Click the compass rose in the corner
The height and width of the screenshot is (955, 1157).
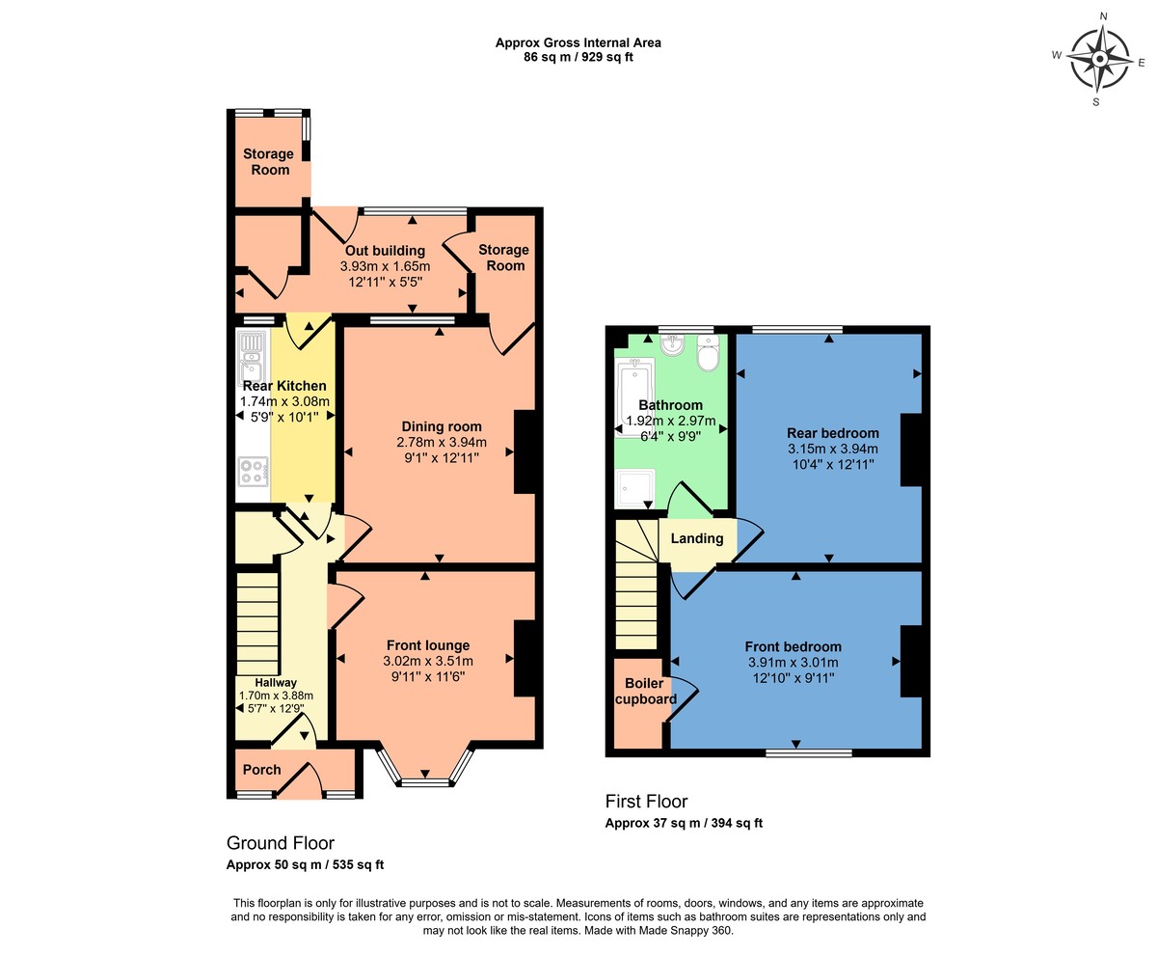click(1099, 58)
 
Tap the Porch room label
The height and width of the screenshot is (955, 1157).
click(261, 770)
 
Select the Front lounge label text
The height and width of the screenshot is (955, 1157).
click(428, 645)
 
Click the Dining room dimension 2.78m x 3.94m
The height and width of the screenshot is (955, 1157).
click(442, 443)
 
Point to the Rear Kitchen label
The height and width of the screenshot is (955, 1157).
click(284, 386)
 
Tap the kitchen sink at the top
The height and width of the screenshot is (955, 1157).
click(253, 355)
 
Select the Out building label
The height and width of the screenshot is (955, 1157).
click(385, 251)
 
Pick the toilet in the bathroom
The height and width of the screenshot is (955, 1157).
click(709, 355)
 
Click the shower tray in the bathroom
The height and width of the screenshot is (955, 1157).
click(634, 488)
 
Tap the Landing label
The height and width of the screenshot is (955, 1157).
click(697, 539)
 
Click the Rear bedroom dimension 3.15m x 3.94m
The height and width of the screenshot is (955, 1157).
click(833, 449)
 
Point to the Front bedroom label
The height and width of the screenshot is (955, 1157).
click(793, 646)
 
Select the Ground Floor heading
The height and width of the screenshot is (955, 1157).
click(280, 843)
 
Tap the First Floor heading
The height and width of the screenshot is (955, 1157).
click(646, 802)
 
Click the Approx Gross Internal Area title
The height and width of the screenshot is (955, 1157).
click(578, 42)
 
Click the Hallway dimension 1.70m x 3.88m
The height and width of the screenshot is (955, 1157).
click(276, 695)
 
